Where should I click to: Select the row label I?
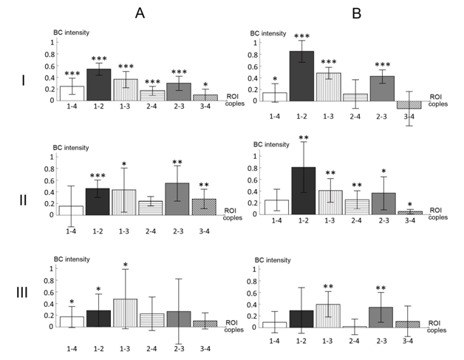click(24, 79)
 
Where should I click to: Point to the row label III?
click(24, 293)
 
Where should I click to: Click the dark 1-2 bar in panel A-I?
click(98, 85)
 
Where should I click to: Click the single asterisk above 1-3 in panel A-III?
click(125, 265)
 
